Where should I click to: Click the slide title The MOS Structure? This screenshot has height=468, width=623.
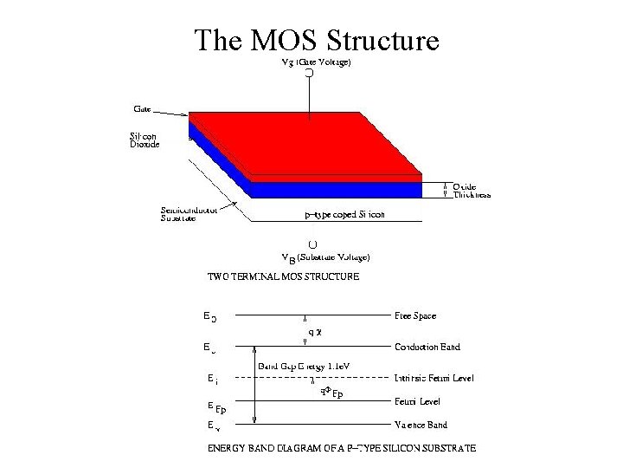coord(317,40)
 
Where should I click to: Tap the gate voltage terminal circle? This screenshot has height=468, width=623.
coord(308,75)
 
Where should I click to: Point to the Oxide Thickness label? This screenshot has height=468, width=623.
coord(472,191)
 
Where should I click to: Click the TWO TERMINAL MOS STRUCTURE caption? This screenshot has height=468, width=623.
coord(284,277)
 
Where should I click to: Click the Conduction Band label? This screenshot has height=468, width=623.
coord(427,347)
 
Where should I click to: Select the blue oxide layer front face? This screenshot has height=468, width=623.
coord(337,189)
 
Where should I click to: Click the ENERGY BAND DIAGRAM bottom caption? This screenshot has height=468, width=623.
coord(341,448)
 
